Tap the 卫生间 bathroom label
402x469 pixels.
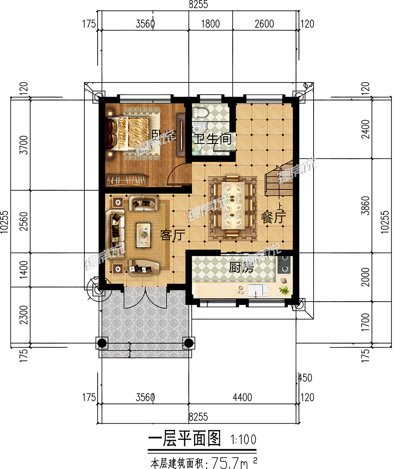[x=213, y=140]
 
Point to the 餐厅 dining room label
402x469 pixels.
[x=273, y=218]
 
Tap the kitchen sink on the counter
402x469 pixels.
[x=257, y=289]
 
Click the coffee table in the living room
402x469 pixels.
[x=143, y=235]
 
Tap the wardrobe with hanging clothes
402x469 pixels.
[x=127, y=180]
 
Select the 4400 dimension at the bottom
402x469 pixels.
[x=242, y=397]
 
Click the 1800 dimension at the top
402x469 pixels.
[x=210, y=24]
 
